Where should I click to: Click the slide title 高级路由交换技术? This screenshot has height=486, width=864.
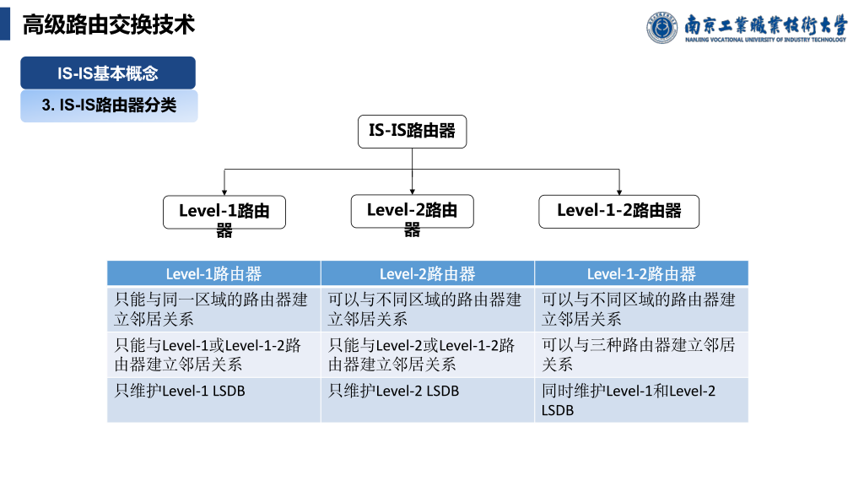108,25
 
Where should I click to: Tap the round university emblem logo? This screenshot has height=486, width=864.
662,27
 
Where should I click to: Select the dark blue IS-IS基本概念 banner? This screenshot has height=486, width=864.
108,73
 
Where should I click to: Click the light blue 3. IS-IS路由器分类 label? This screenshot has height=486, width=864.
109,106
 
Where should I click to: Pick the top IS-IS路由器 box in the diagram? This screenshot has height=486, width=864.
412,131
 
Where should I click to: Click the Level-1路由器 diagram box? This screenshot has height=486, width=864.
224,212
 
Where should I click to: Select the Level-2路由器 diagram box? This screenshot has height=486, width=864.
412,211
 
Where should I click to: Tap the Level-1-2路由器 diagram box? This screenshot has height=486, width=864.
619,211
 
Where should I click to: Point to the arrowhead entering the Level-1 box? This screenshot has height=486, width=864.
224,192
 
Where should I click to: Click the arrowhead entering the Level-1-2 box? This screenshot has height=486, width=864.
619,192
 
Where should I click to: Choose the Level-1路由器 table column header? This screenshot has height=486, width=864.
213,273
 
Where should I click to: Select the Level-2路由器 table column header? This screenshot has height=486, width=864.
427,273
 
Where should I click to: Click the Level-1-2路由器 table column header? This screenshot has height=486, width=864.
641,273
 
